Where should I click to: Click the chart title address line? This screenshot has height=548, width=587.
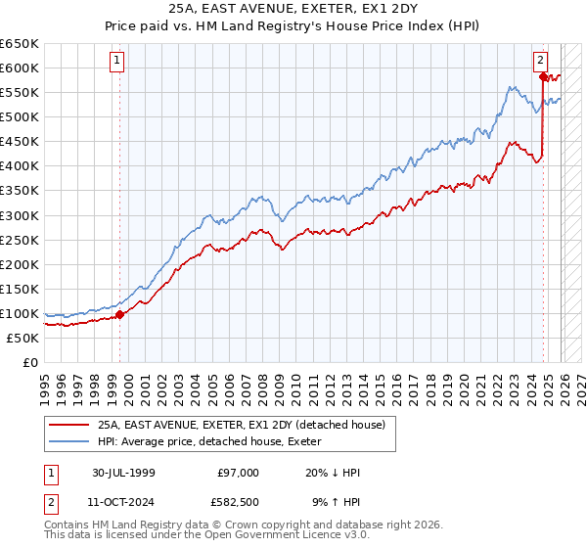click(293, 9)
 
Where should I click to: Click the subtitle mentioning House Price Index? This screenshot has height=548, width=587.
click(293, 26)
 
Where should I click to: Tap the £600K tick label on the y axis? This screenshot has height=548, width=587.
click(20, 68)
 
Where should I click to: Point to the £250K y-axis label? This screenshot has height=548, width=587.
click(20, 240)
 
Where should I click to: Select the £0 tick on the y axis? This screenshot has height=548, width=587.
click(30, 362)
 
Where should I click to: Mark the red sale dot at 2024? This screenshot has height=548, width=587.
click(543, 75)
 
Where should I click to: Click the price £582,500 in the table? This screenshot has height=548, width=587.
click(239, 504)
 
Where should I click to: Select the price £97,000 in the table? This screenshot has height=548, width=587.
click(239, 473)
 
